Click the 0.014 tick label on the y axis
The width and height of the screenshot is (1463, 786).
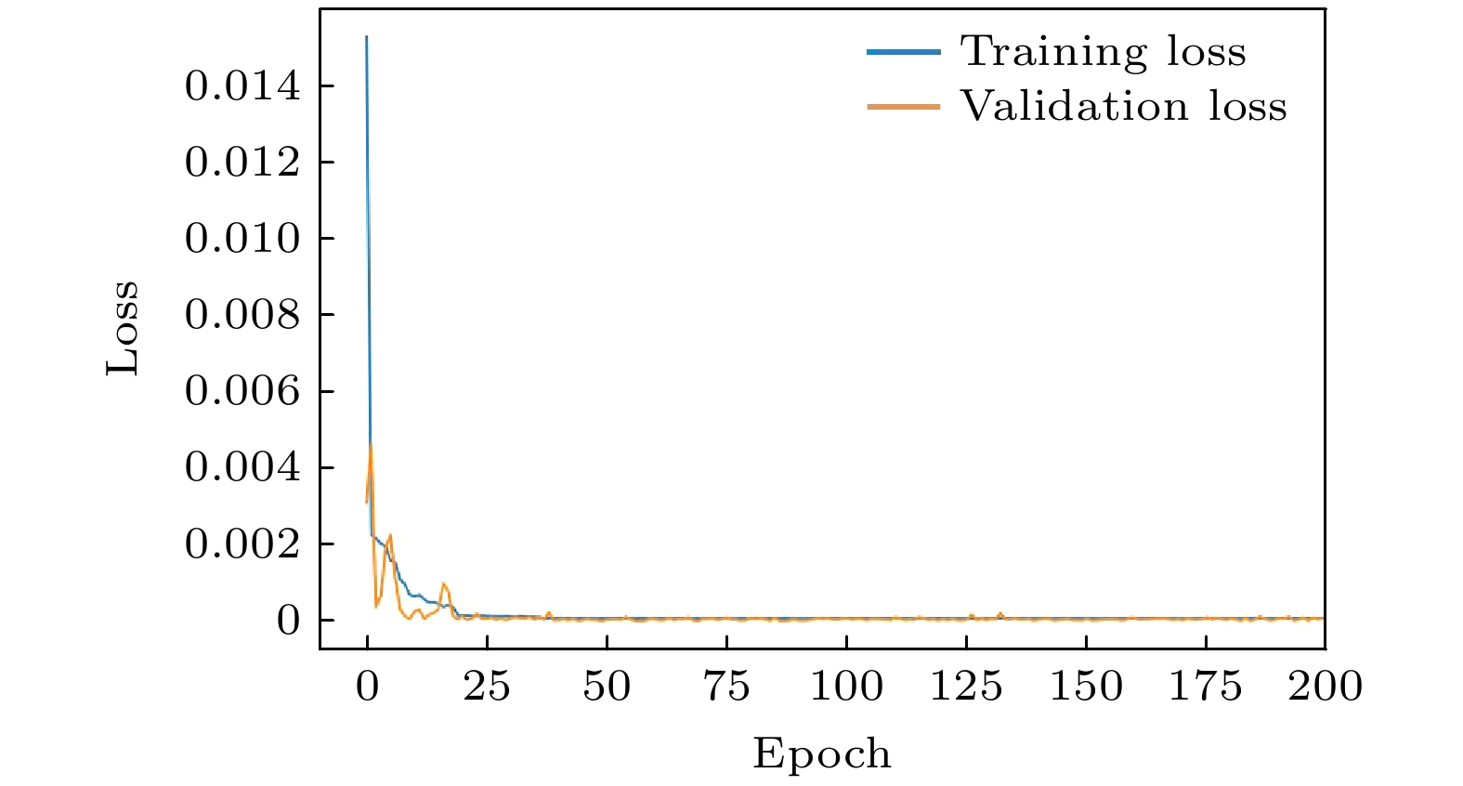(242, 86)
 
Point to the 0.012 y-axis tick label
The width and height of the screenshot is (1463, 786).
(242, 163)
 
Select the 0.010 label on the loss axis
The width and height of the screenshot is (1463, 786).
(242, 239)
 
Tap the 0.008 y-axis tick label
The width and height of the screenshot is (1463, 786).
(242, 315)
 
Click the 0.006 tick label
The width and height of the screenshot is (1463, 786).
(242, 391)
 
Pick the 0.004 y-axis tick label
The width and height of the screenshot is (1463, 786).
(242, 466)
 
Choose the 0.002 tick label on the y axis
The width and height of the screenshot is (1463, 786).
(242, 544)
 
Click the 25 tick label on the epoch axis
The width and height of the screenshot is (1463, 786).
(487, 687)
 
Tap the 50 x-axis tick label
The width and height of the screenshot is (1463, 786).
(607, 687)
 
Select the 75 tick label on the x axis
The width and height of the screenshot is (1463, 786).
(726, 687)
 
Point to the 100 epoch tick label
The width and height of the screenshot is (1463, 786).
(846, 687)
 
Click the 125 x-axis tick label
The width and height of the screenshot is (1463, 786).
(966, 687)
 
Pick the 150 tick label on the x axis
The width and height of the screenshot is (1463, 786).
(1086, 687)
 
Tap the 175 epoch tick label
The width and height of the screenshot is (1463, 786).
(1206, 687)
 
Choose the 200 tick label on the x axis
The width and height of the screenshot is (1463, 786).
(1325, 687)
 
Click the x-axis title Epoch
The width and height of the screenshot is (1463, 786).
(822, 753)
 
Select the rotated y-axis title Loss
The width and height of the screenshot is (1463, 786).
(122, 328)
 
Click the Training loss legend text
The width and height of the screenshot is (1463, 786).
(1103, 51)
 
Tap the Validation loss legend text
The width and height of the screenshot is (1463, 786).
(1123, 106)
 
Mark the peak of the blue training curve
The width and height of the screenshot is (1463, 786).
(367, 37)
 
